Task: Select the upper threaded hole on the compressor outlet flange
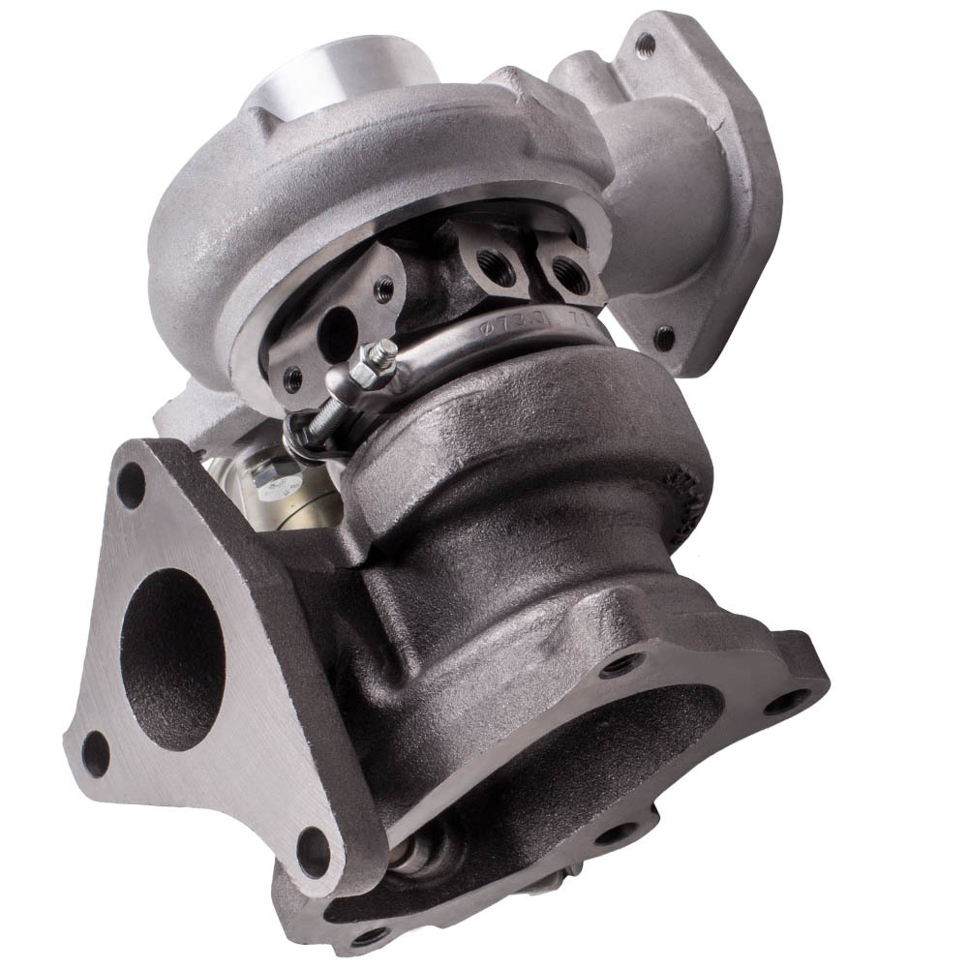tap(645, 43)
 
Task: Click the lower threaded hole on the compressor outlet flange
tap(663, 339)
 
